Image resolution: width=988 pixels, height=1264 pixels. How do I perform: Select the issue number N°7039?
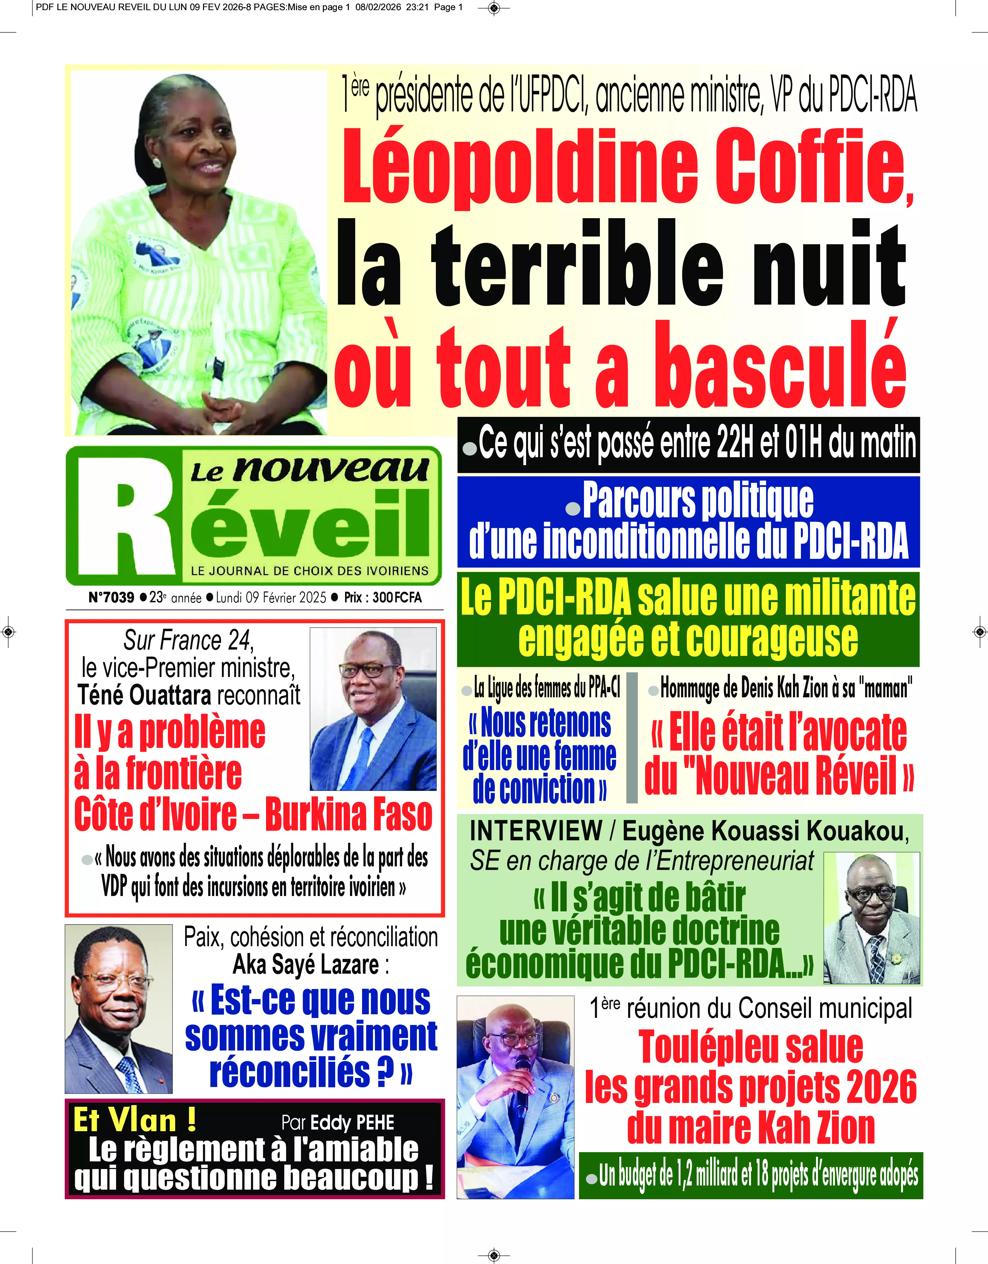click(x=111, y=597)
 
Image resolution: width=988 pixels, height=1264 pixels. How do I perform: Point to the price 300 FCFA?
click(x=397, y=597)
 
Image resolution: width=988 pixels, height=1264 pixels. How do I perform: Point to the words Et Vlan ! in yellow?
click(x=134, y=1120)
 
